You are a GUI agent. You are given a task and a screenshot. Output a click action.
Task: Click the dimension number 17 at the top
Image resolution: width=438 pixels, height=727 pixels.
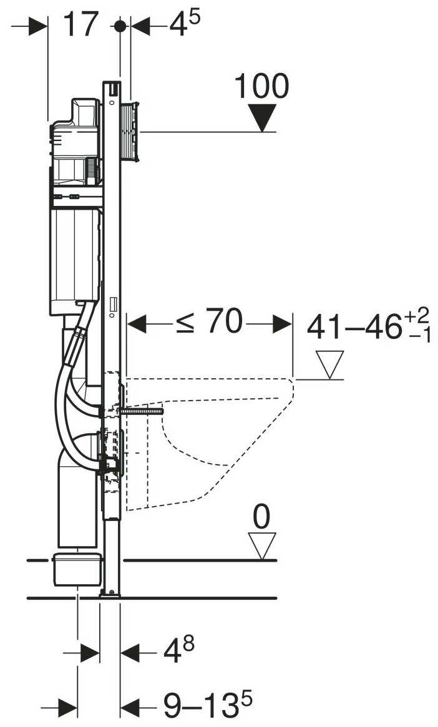pyautogui.click(x=81, y=25)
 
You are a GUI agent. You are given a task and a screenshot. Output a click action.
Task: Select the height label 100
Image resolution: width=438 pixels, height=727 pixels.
pyautogui.click(x=261, y=86)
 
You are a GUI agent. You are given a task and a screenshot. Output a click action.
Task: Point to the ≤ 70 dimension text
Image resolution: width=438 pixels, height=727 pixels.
pyautogui.click(x=208, y=323)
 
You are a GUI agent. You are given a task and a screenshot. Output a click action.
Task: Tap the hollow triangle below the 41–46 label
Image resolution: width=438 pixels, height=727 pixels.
pyautogui.click(x=329, y=364)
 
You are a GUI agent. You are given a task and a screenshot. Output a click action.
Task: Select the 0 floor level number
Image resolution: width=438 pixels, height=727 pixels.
pyautogui.click(x=262, y=517)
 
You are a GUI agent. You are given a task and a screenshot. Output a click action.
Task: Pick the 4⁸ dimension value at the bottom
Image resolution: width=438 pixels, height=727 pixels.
pyautogui.click(x=178, y=653)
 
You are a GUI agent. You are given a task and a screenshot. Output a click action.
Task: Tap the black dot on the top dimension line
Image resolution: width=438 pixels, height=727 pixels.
pyautogui.click(x=120, y=26)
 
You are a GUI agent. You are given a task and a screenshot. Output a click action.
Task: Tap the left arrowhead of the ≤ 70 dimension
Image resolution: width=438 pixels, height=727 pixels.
pyautogui.click(x=136, y=324)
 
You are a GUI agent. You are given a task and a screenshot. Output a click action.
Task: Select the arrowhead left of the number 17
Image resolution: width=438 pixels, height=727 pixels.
pyautogui.click(x=39, y=26)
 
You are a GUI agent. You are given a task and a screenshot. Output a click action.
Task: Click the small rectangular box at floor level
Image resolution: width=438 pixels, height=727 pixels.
pyautogui.click(x=78, y=568)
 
